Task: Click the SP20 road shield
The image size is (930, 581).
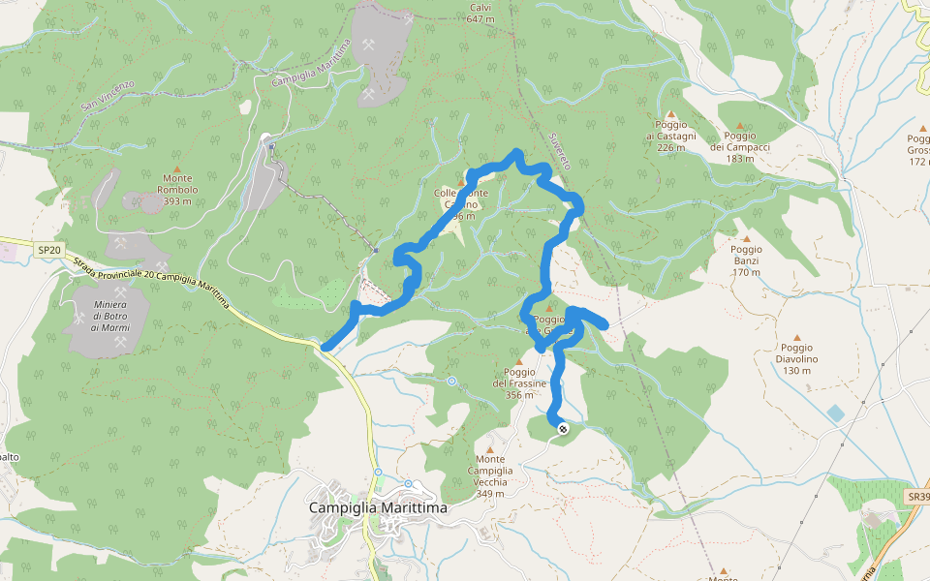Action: tap(49, 250)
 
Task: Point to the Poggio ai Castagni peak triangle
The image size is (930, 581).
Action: tap(670, 114)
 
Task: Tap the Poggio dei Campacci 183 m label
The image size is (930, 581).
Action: tap(739, 147)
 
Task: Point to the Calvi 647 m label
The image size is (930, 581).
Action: tap(480, 14)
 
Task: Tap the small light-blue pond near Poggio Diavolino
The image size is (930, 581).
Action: tap(835, 413)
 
